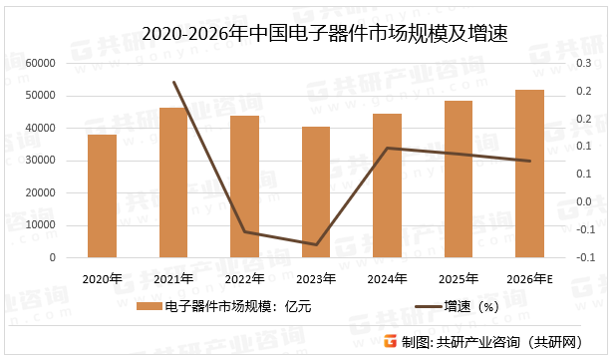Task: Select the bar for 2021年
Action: coord(173,182)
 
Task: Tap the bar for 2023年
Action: coord(315,191)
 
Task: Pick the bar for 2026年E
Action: coord(529,174)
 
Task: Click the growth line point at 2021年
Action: coord(173,82)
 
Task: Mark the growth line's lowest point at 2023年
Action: coord(315,244)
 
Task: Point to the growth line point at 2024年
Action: coord(387,148)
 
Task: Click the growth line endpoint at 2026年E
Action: coord(529,161)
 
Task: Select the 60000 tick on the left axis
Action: coord(38,63)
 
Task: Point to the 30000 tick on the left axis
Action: coord(38,161)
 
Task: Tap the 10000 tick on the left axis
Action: coord(38,225)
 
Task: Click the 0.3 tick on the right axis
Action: coord(584,63)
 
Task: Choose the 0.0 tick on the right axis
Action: coord(584,202)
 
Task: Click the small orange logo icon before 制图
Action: coord(391,342)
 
